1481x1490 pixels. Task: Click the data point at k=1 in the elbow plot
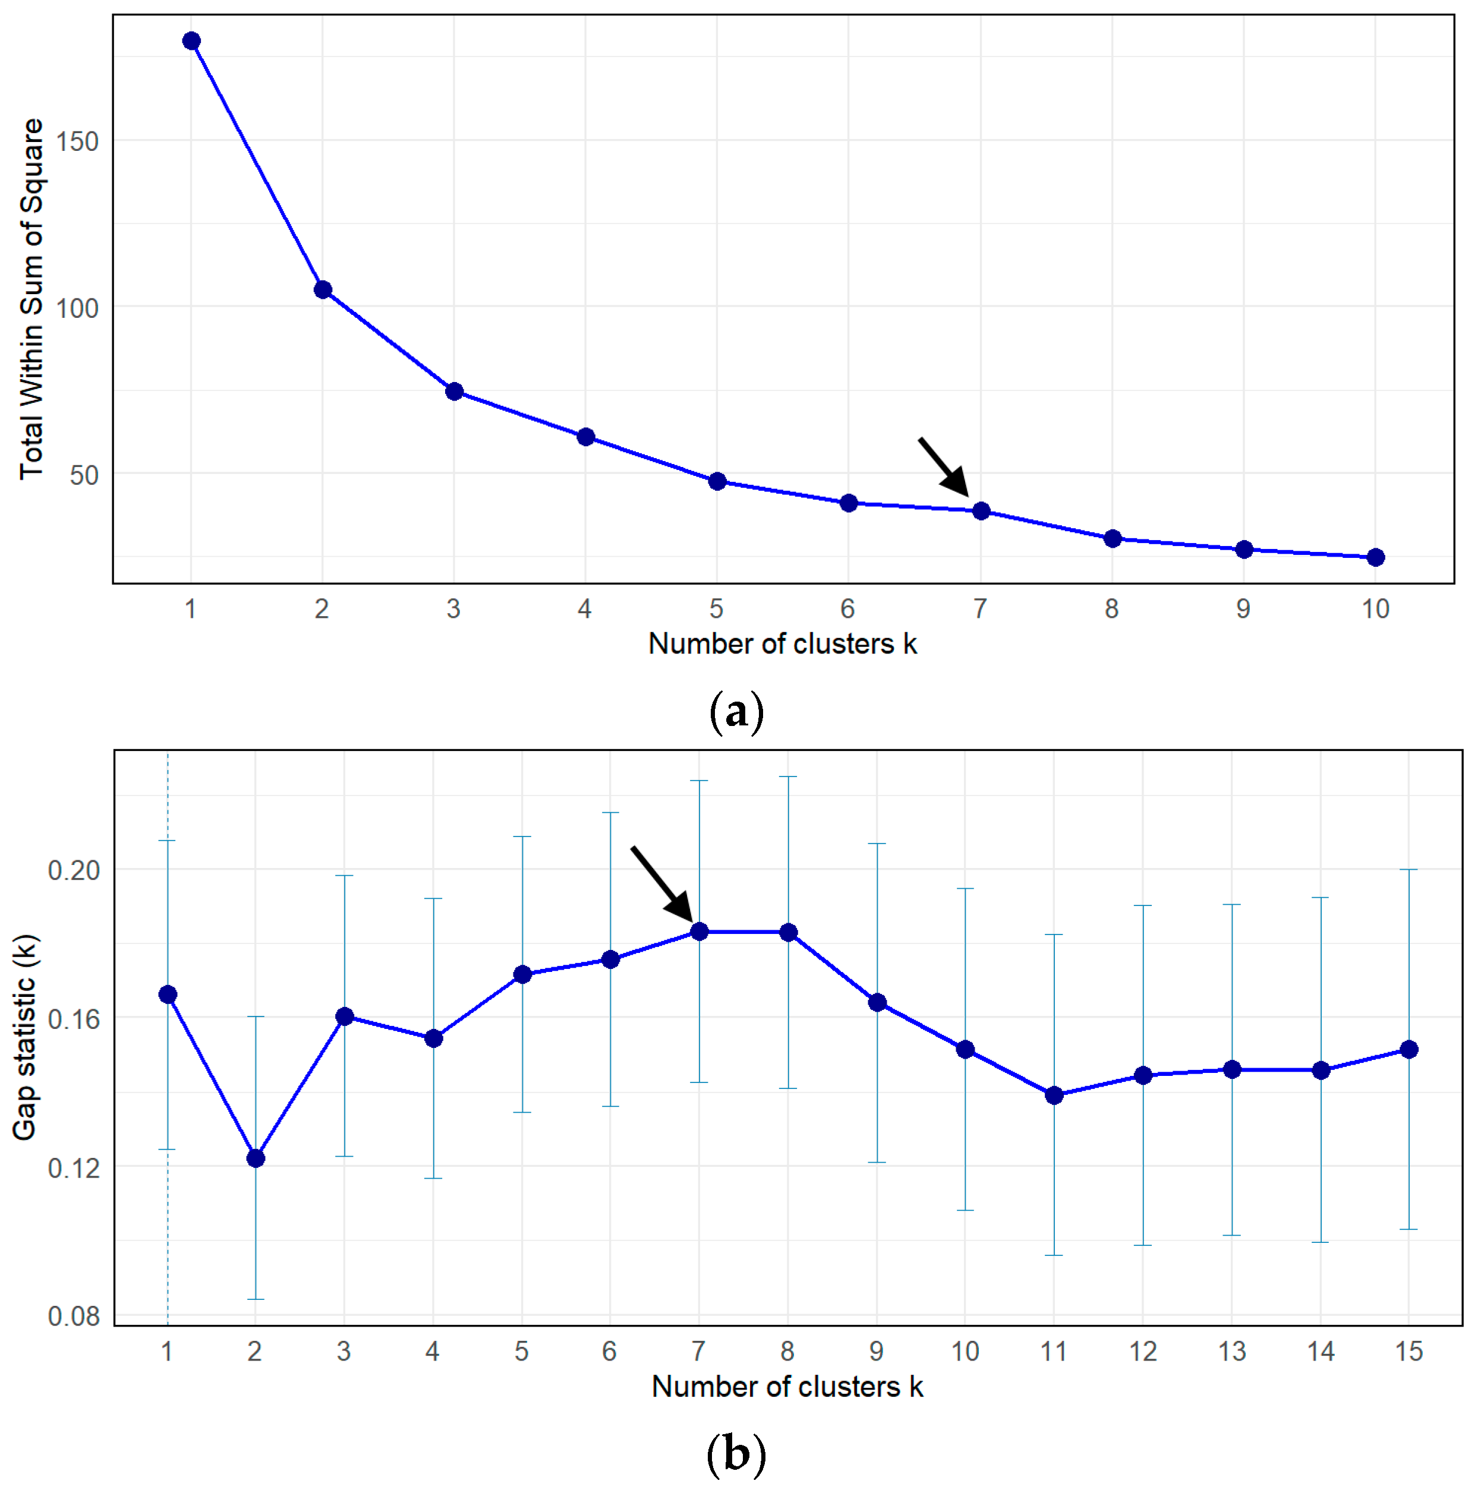point(191,41)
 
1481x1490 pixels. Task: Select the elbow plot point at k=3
point(454,392)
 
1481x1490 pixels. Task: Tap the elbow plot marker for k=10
point(1375,558)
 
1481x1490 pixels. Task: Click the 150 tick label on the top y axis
point(77,142)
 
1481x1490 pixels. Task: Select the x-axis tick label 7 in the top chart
point(979,610)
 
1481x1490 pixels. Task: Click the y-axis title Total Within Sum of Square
point(31,299)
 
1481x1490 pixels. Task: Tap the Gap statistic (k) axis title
point(25,1038)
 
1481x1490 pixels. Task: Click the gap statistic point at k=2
point(256,1158)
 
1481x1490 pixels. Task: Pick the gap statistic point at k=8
point(788,932)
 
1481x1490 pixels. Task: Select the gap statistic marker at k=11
point(1054,1095)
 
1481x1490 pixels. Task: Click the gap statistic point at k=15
point(1409,1050)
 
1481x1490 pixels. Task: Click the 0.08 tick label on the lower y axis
point(74,1317)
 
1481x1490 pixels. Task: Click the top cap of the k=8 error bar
point(788,776)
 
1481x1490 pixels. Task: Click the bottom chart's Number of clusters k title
point(787,1387)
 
